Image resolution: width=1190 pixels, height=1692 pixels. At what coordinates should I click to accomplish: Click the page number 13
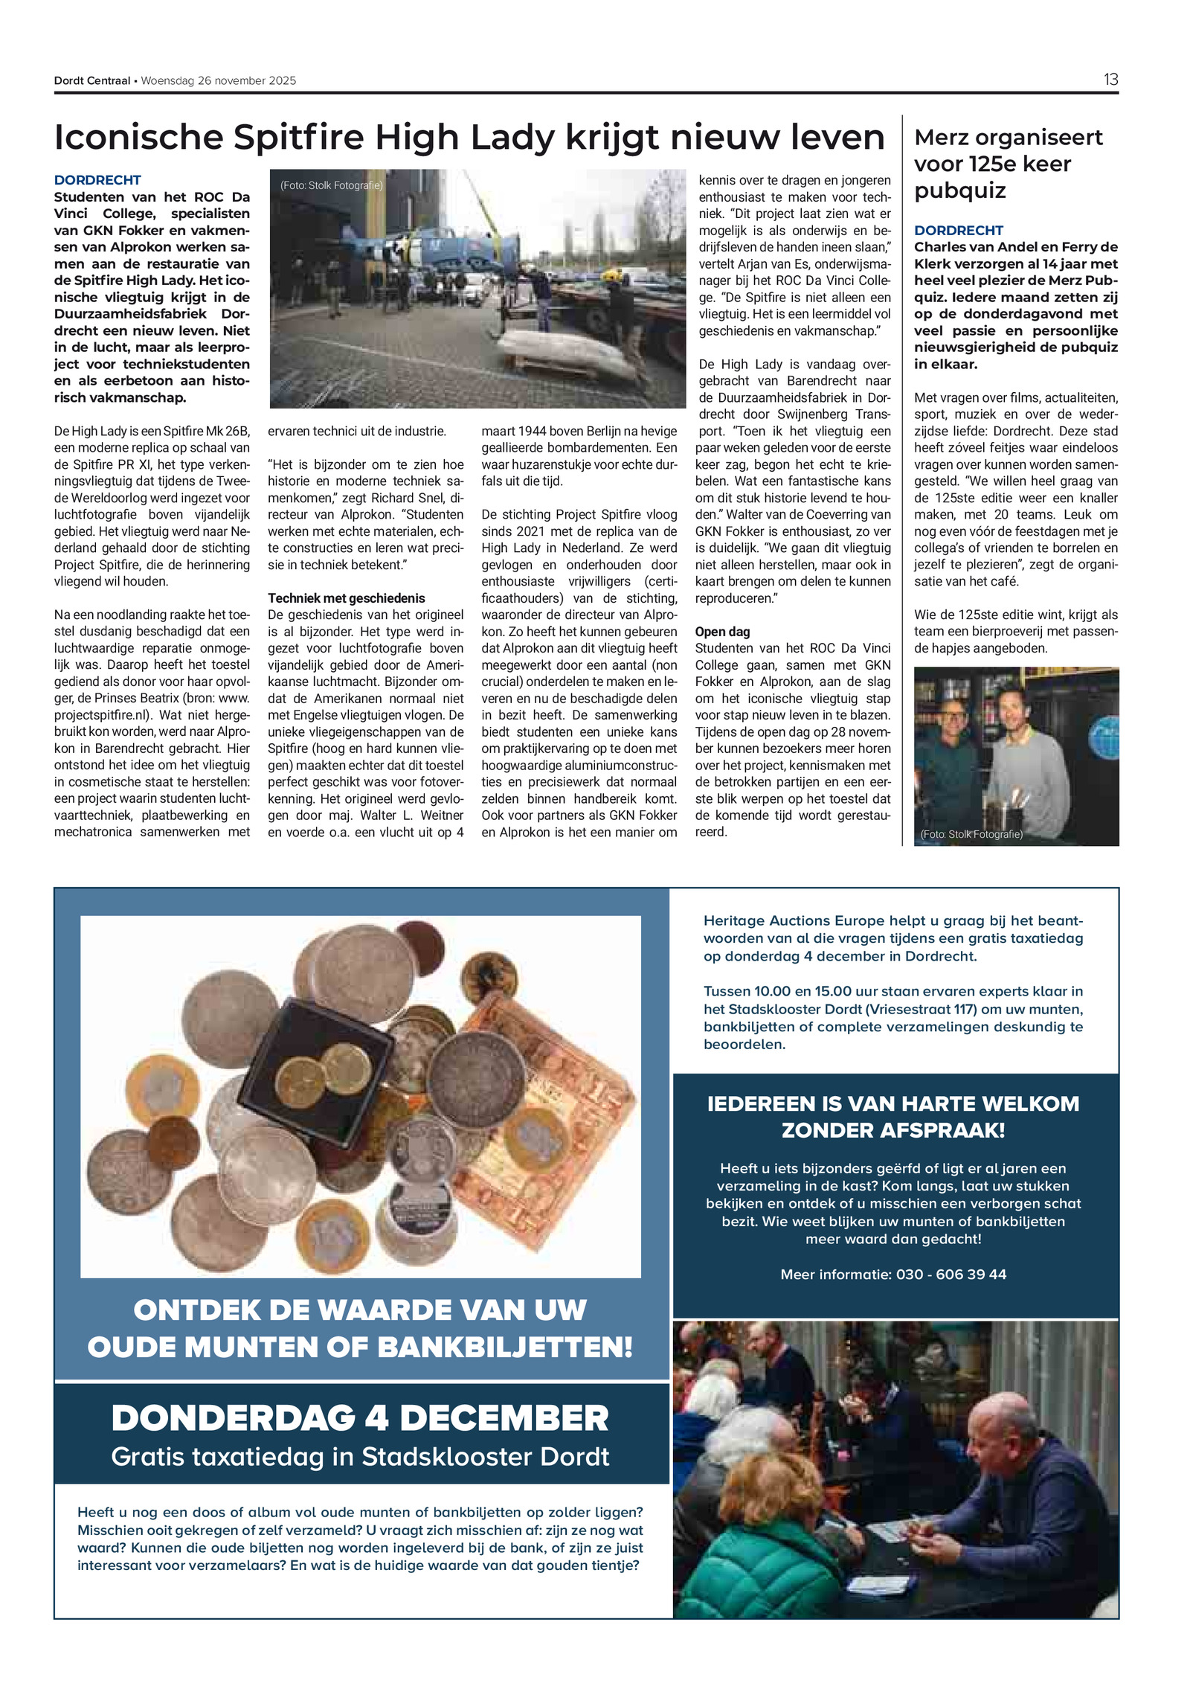pyautogui.click(x=1110, y=80)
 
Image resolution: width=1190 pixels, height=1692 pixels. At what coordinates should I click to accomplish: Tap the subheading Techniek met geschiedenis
pyautogui.click(x=346, y=598)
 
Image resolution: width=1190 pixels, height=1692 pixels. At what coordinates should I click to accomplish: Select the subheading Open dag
pyautogui.click(x=722, y=632)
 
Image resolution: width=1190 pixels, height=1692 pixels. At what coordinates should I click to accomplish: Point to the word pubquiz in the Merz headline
pyautogui.click(x=959, y=190)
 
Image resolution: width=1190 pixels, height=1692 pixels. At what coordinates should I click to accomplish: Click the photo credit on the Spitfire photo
pyautogui.click(x=331, y=185)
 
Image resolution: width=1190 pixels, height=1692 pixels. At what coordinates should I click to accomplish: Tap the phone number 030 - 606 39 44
pyautogui.click(x=951, y=1274)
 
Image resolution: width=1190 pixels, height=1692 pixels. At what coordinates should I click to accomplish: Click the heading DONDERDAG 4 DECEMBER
pyautogui.click(x=360, y=1417)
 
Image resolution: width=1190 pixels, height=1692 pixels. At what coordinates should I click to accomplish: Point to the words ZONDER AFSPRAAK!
pyautogui.click(x=892, y=1130)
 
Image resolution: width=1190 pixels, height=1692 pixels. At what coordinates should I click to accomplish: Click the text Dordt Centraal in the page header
pyautogui.click(x=91, y=81)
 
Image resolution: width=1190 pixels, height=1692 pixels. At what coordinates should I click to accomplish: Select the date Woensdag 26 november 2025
pyautogui.click(x=219, y=81)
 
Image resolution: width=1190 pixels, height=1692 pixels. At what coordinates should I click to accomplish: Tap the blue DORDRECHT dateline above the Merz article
pyautogui.click(x=958, y=231)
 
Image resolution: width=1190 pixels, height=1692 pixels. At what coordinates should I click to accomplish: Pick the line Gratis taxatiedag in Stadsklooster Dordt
pyautogui.click(x=360, y=1456)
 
